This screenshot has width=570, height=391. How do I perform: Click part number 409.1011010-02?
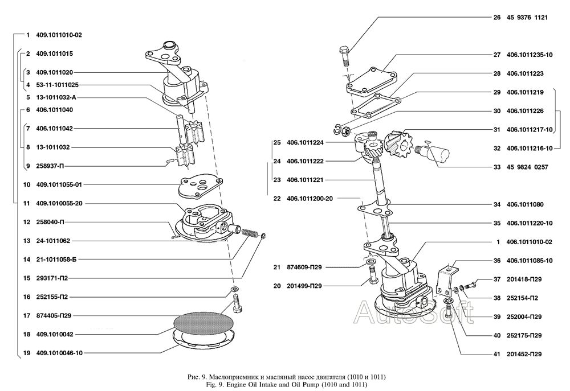tap(59, 35)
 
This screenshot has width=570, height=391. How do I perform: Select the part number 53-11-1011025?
tap(58, 85)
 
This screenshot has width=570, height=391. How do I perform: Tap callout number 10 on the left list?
tap(27, 185)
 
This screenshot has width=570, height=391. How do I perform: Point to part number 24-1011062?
tap(53, 241)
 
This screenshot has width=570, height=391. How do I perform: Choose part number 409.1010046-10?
tap(59, 353)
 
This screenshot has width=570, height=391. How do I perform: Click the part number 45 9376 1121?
tap(527, 18)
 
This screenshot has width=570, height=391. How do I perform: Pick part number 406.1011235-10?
tap(530, 55)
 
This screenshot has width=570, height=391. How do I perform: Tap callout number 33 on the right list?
tap(497, 167)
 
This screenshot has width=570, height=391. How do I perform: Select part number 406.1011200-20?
tap(310, 199)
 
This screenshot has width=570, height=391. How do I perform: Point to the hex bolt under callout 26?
tap(344, 56)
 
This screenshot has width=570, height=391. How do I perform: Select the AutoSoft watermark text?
tap(414, 312)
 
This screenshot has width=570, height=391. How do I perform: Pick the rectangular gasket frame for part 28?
tap(376, 105)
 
